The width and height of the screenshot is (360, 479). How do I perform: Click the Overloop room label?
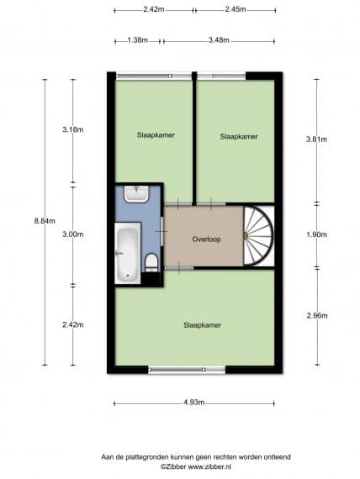206,239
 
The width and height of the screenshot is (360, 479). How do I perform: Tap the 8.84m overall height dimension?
45,221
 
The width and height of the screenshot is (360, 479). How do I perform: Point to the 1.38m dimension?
138,40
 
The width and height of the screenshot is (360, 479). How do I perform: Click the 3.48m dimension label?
219,40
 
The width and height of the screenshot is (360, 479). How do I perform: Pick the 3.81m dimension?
316,139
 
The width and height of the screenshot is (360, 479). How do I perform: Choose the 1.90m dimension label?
316,234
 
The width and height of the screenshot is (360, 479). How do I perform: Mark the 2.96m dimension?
317,315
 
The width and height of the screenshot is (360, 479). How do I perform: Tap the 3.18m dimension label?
73,129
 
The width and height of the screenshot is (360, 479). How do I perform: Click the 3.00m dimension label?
73,234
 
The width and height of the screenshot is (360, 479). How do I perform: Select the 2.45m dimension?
236,9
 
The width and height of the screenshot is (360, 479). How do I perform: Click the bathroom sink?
136,193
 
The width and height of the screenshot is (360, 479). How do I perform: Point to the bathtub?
128,253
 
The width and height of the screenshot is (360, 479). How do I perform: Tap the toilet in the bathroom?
151,263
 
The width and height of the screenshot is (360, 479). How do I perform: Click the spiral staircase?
258,235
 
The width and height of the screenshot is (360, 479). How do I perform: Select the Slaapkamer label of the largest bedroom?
202,325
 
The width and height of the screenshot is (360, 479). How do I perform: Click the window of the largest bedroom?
187,370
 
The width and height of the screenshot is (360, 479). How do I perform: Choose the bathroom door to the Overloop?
162,232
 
